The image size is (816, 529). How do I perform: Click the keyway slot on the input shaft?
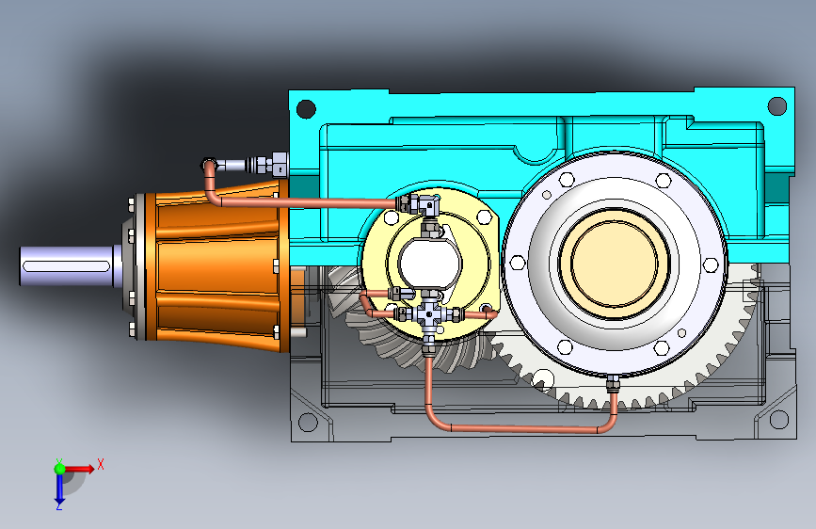[66, 267]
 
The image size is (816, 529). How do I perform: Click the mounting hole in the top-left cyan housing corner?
[306, 109]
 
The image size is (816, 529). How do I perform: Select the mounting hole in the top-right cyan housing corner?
[777, 105]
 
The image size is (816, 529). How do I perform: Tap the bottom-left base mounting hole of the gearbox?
[307, 422]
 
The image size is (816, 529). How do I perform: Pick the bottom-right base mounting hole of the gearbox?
[778, 419]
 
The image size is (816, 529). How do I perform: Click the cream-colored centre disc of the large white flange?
[614, 263]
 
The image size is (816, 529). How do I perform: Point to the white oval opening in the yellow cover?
[430, 263]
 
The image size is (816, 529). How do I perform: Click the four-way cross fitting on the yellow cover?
[428, 313]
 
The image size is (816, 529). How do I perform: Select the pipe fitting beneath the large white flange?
[613, 384]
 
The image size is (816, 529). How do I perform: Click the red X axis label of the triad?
[101, 464]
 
